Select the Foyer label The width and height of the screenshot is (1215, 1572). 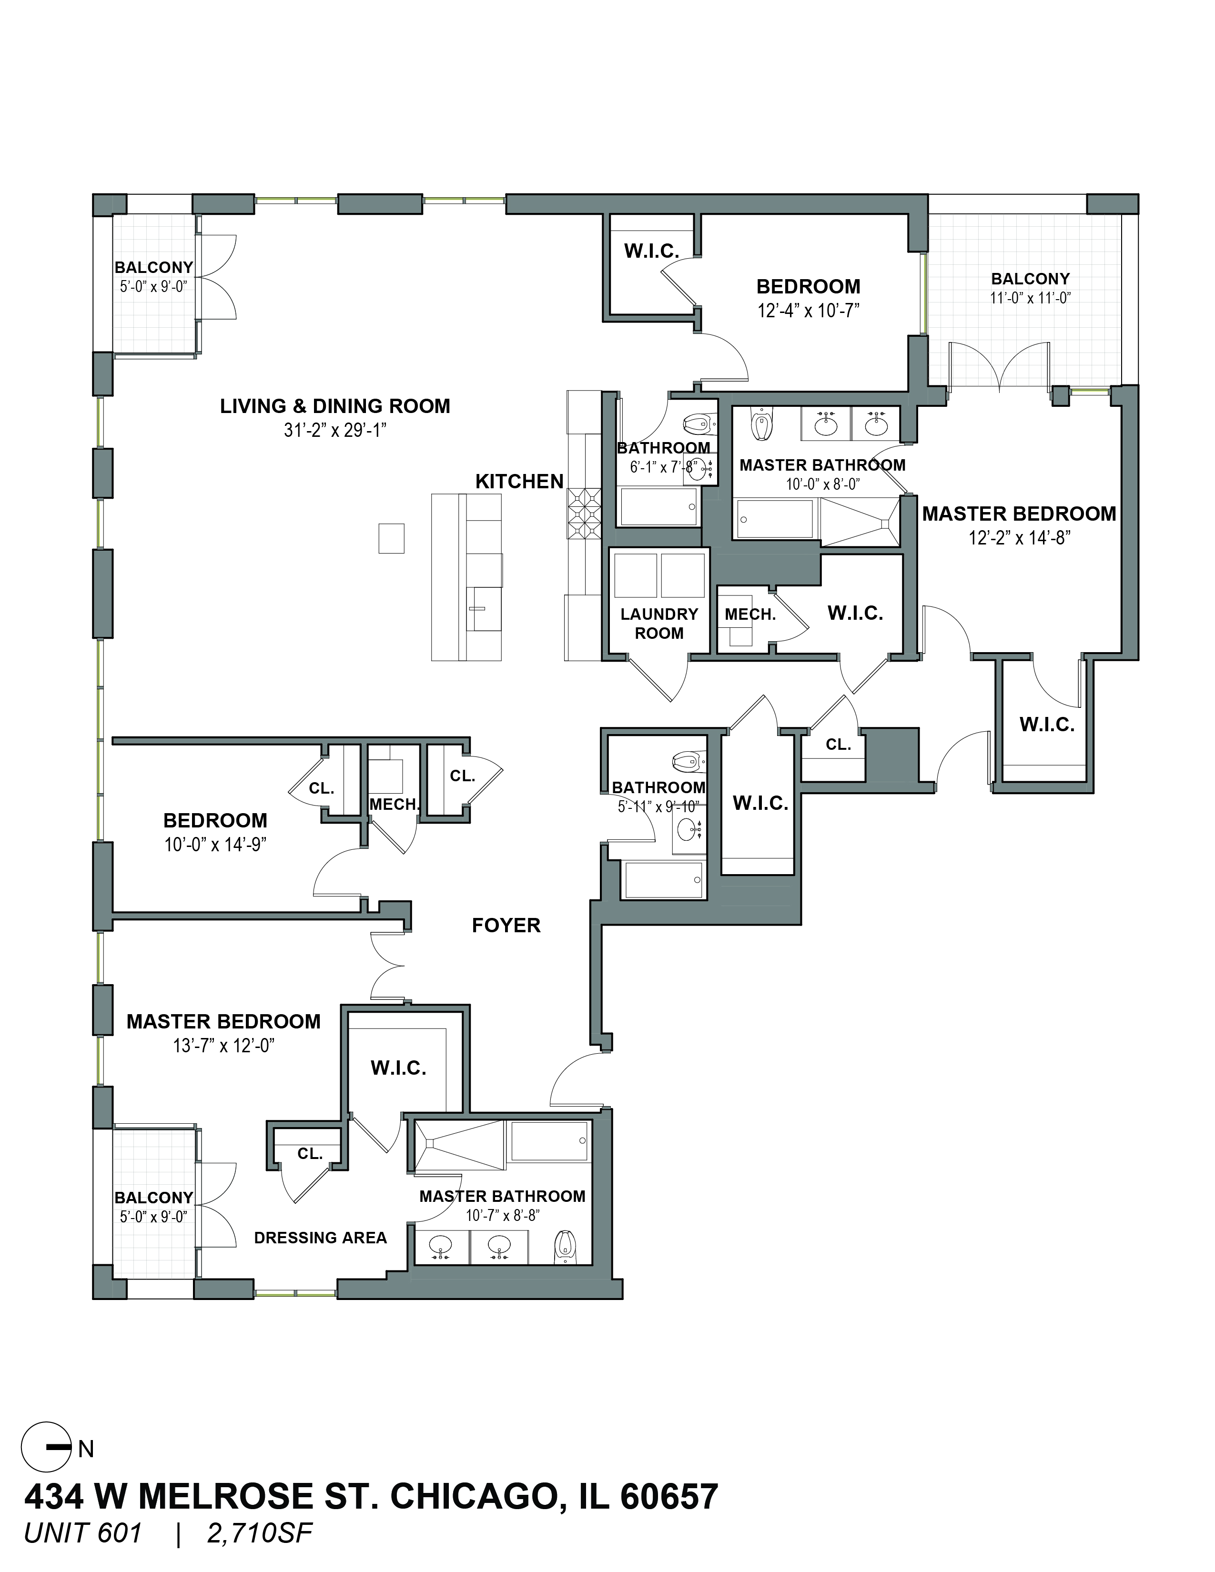(506, 925)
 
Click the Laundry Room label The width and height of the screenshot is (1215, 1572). (659, 624)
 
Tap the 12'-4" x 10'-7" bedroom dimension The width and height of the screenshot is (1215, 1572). (808, 310)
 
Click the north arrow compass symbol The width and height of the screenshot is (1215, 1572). (47, 1448)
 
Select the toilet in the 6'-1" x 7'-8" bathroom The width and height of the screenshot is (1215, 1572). (698, 424)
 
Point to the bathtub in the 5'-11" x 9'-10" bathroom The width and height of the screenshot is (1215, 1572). (664, 879)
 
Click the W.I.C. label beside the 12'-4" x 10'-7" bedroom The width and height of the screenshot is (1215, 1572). (651, 251)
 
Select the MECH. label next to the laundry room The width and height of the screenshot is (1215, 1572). (750, 615)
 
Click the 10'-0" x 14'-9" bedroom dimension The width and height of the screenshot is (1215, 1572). (215, 844)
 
